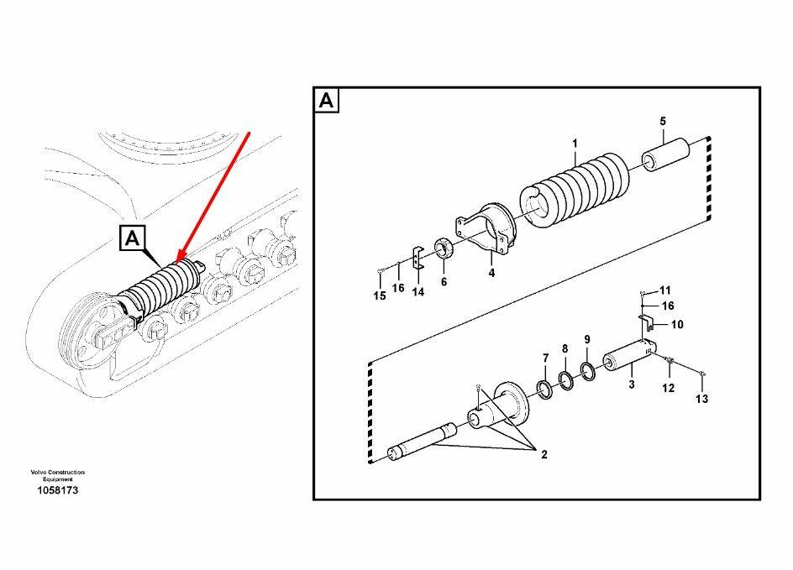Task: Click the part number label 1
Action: click(x=575, y=144)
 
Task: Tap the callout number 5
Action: click(x=662, y=123)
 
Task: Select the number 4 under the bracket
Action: click(x=491, y=272)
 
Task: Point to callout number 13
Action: click(x=701, y=400)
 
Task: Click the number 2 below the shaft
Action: click(x=544, y=454)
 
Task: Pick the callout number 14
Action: click(x=418, y=292)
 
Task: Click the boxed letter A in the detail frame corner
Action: click(x=327, y=102)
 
